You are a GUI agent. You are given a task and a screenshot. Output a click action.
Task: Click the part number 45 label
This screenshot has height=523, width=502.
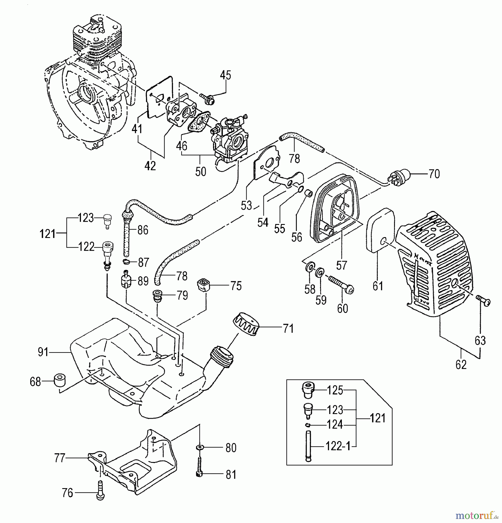tap(225, 76)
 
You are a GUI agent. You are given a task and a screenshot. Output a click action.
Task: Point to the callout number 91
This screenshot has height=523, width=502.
tap(43, 352)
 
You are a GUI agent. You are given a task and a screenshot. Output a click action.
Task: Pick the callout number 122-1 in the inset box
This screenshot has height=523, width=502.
tap(338, 446)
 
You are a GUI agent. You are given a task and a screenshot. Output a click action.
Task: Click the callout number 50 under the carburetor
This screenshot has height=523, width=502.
tap(201, 171)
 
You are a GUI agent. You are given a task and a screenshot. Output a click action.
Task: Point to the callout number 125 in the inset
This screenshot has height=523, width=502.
tap(335, 391)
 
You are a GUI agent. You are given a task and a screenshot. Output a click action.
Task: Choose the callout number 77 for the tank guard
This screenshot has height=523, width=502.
tap(60, 458)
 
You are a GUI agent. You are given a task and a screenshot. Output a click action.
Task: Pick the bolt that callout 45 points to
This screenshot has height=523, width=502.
tap(207, 99)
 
